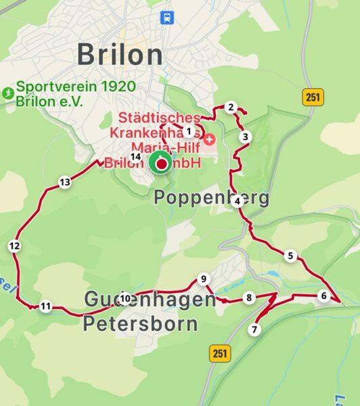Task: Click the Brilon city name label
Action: coord(120,55)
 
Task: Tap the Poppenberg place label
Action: coord(212,198)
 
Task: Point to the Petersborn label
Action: coord(141,323)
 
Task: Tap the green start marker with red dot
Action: coord(160,163)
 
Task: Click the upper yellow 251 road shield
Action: coord(311,97)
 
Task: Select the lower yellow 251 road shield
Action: coord(220,353)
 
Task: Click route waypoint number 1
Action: coord(189,131)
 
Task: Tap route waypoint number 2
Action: coord(231,107)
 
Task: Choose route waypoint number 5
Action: coord(290,256)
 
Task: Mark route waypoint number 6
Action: coord(324,296)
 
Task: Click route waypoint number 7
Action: coord(254,330)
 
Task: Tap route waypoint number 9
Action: coord(202,279)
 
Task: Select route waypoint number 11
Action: coord(45,306)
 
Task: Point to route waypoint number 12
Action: coord(15,246)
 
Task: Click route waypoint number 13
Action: coord(64,182)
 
